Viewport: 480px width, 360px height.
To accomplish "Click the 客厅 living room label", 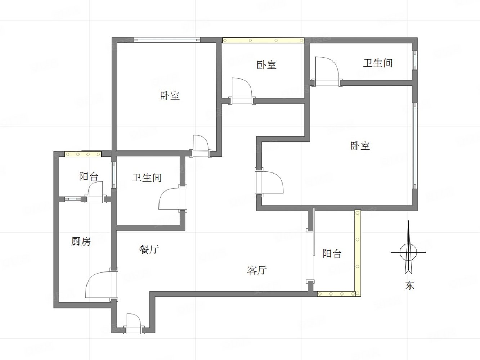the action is coord(257,270).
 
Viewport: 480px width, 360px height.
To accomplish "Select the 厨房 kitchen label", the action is coord(81,241).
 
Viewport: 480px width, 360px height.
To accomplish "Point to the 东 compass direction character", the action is coord(410,285).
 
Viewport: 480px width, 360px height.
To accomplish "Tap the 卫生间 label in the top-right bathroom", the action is coord(377,63).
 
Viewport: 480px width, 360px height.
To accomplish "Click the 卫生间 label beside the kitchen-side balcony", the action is coord(147,177).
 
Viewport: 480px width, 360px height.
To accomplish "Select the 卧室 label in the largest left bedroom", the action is coord(170,96).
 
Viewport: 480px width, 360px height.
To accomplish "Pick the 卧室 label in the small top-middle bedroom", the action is coord(266,65).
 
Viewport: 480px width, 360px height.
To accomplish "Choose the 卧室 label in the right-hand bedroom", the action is coord(360,146).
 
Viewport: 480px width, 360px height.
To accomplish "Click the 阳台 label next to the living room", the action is coord(332,253).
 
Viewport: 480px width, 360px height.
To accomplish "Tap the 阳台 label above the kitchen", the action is coord(89,176).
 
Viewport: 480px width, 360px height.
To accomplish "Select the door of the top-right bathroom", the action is coord(326,70).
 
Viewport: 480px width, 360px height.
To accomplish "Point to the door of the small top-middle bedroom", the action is coord(242,90).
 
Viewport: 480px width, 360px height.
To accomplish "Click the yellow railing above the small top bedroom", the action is coord(263,40).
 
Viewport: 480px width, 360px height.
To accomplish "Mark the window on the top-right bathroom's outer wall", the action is coord(415,60).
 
